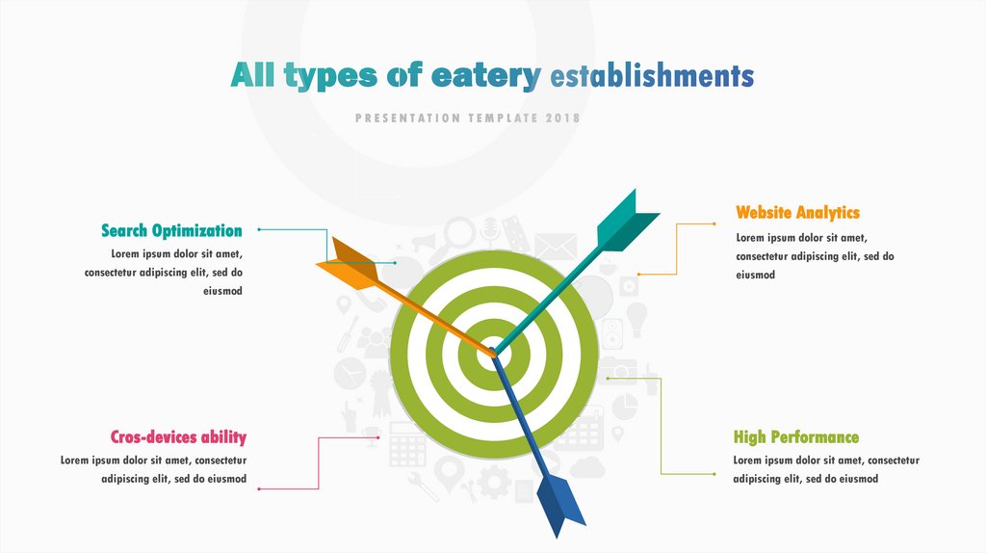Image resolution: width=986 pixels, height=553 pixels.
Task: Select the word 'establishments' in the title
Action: (652, 75)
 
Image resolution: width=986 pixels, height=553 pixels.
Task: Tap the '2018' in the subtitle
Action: (562, 118)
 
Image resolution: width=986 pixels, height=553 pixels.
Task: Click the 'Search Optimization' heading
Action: (171, 230)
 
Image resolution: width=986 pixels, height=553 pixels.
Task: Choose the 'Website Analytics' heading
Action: (797, 212)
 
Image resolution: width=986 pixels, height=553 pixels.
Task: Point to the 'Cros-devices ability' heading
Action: (178, 437)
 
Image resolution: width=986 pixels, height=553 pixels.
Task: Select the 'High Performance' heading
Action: (795, 437)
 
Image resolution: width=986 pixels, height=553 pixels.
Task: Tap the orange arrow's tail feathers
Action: (348, 265)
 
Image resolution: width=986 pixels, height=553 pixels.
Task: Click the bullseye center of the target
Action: (493, 353)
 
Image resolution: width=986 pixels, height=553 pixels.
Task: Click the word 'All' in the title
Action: (252, 76)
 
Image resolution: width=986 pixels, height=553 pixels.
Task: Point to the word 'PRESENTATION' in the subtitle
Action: (407, 118)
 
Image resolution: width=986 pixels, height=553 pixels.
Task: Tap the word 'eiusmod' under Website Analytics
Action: (755, 275)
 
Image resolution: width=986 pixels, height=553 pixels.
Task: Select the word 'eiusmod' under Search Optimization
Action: (222, 291)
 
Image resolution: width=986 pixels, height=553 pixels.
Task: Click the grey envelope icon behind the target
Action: (555, 247)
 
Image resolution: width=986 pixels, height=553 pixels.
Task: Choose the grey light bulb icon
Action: (636, 317)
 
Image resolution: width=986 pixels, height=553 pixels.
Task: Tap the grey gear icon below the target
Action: (494, 481)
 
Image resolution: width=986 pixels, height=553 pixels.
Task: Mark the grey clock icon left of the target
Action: (349, 370)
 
